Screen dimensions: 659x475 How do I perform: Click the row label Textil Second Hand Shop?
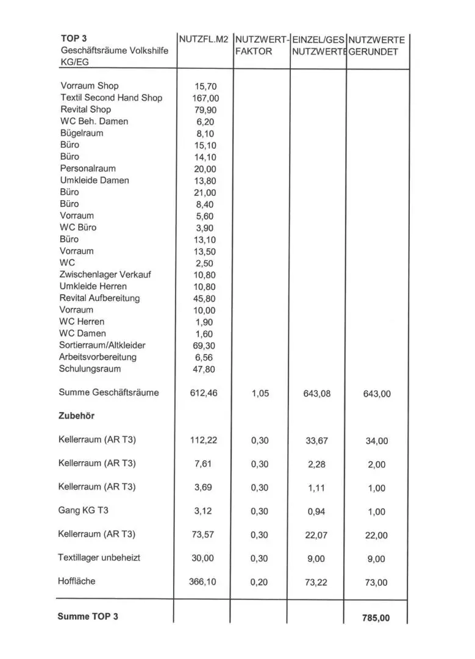click(x=111, y=98)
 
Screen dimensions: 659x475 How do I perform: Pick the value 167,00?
click(x=205, y=98)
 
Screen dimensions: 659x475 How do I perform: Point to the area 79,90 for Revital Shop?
click(x=205, y=110)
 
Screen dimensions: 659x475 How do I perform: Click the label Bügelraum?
click(x=82, y=133)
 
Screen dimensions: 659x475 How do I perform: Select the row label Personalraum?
click(x=88, y=168)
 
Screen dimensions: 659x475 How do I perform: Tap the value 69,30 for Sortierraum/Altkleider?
click(x=205, y=345)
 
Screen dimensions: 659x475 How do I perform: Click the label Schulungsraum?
click(x=90, y=369)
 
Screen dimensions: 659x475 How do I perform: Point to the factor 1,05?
click(x=260, y=394)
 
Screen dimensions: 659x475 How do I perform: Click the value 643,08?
click(x=316, y=394)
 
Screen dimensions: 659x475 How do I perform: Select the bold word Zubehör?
click(x=77, y=416)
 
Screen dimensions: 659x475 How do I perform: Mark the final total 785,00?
click(x=376, y=618)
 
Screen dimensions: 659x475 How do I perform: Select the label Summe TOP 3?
click(x=88, y=616)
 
